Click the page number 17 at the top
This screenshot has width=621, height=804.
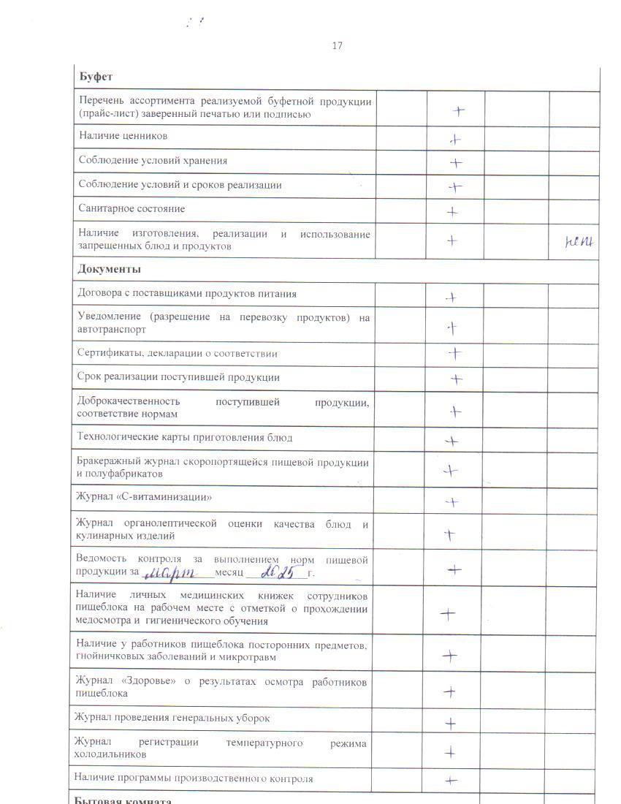337,46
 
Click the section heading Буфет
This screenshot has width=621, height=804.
95,77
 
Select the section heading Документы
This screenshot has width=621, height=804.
110,269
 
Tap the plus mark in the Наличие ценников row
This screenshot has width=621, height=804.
455,139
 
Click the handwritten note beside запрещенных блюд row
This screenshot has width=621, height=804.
579,240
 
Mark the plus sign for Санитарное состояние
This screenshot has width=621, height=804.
453,212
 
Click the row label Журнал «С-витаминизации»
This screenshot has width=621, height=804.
144,498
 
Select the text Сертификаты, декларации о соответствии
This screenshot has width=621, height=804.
178,353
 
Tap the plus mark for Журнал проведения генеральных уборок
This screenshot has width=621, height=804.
452,724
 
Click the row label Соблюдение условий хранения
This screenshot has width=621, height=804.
152,161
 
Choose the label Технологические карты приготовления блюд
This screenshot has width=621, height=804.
185,438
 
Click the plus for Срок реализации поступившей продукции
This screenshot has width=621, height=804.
456,379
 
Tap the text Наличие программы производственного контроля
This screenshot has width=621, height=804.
194,778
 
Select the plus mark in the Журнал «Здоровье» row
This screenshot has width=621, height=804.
451,691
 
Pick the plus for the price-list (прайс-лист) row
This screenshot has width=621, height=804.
458,111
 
